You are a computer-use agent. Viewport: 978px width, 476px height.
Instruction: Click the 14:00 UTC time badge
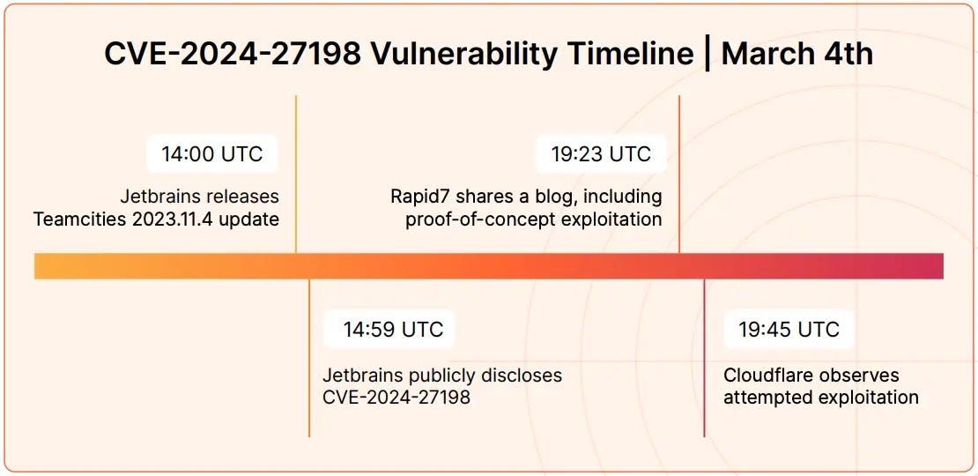pos(211,154)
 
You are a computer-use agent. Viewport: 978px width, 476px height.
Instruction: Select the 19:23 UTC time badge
pos(601,154)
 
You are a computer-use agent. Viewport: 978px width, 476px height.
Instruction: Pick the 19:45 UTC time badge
pos(789,330)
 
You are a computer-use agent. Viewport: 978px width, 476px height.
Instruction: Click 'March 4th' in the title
pos(797,54)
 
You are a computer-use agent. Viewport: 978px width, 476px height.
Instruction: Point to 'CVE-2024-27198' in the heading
pos(231,54)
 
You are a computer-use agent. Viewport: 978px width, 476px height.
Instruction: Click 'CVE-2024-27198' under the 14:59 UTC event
pos(396,397)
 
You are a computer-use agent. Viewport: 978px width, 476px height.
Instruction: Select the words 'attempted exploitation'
pos(821,397)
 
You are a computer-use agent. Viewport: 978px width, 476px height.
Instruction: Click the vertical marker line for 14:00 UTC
pos(296,176)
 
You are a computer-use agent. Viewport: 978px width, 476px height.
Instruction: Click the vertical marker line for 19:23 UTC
pos(679,176)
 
